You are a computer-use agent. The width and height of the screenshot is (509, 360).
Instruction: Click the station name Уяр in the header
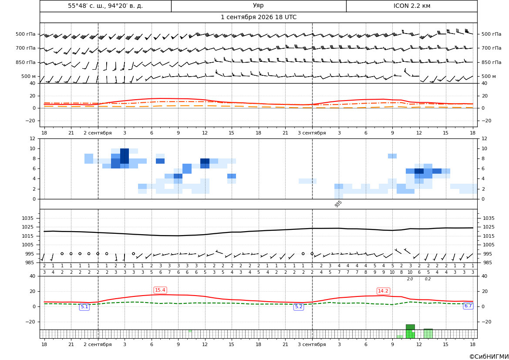coord(258,6)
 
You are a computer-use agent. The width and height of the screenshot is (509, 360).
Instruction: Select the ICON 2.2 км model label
coord(411,6)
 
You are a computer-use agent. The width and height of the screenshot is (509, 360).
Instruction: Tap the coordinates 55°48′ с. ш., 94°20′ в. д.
coord(105,6)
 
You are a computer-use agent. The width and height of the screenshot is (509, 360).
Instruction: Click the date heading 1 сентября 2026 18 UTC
coord(258,17)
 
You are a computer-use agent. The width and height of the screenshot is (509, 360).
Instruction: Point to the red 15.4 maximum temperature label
coord(160,290)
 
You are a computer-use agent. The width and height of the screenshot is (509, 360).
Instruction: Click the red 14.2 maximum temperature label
coord(383,291)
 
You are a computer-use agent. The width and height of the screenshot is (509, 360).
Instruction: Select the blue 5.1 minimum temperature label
coord(84,306)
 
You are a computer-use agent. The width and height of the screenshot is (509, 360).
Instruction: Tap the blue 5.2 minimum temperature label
coord(299,306)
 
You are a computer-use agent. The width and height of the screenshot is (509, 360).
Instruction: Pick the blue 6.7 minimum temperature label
coord(468,306)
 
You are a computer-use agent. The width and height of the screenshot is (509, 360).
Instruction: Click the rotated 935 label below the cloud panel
coord(338,204)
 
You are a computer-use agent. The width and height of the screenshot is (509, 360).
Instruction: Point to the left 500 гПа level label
coord(26,34)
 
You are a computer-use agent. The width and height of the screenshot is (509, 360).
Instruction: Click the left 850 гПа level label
coord(26,62)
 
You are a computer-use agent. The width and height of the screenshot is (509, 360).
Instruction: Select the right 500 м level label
coord(489,76)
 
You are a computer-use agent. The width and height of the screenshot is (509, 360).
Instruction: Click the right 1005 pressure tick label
coord(489,245)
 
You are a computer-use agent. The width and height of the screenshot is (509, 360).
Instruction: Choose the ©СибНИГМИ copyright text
coord(489,357)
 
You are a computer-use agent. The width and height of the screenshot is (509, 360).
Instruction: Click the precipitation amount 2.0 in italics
coord(410,279)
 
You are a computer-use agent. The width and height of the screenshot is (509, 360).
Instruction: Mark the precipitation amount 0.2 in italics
coord(428,279)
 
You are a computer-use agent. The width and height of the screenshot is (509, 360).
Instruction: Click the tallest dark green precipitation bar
coord(410,327)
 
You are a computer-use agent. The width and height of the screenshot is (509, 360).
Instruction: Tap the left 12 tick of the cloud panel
coord(33,138)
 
